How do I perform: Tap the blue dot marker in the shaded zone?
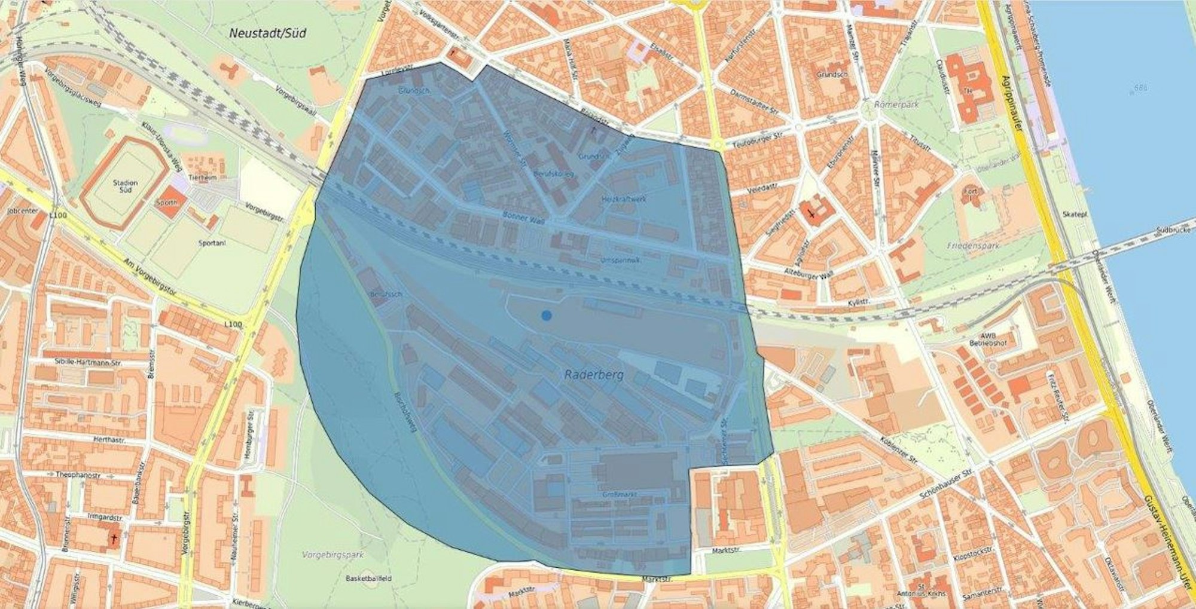click(x=546, y=315)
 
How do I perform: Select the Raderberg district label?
click(x=594, y=375)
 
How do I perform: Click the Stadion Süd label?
click(x=125, y=186)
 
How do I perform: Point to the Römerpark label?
click(x=896, y=104)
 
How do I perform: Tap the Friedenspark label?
click(x=973, y=246)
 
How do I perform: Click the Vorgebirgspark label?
click(x=333, y=555)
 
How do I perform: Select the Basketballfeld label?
click(x=369, y=579)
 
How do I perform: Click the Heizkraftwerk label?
click(x=624, y=199)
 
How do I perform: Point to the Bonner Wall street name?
click(x=524, y=218)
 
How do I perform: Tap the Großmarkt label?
click(x=618, y=495)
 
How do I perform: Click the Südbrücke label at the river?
click(x=1175, y=229)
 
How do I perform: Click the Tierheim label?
click(x=202, y=178)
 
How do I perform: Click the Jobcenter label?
click(x=23, y=211)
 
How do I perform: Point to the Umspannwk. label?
click(x=620, y=260)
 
